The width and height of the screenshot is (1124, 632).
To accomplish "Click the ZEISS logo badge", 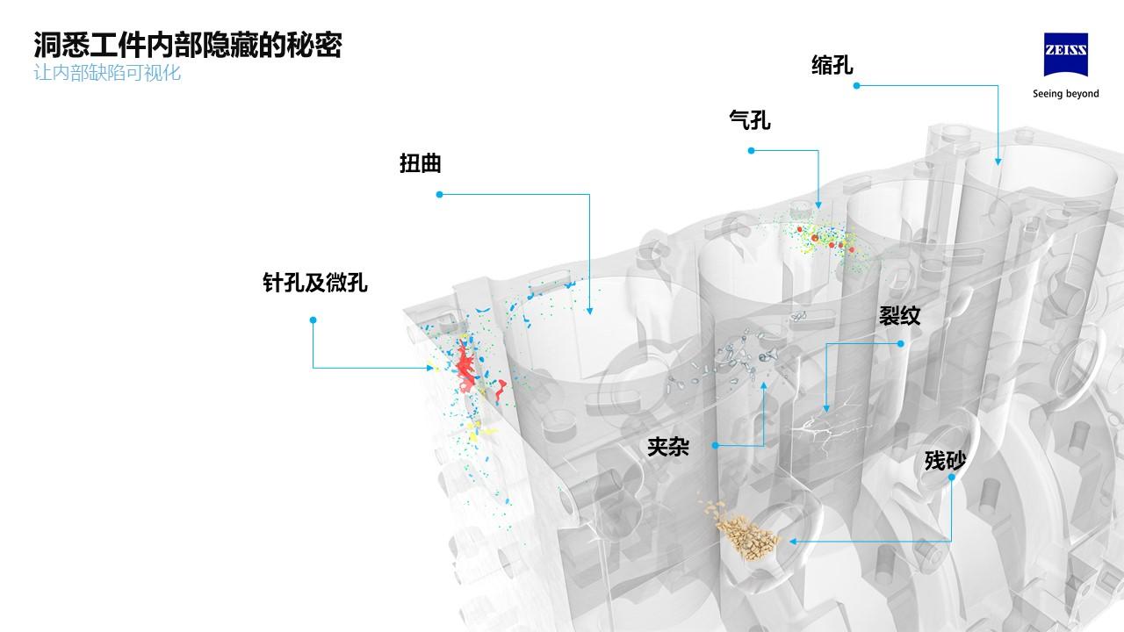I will point(1065,59).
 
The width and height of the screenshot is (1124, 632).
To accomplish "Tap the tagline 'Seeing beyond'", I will point(1065,94).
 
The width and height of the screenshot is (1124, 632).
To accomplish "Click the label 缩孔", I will point(832,65).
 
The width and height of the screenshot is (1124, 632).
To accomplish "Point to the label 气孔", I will point(750,119).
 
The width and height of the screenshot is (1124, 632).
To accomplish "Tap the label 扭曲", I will point(420,164).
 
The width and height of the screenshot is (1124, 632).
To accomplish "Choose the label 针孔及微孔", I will point(314,282).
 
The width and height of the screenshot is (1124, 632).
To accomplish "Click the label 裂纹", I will point(899,316).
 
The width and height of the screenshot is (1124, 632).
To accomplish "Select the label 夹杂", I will point(667,447).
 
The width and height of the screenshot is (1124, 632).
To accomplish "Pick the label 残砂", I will point(945,460).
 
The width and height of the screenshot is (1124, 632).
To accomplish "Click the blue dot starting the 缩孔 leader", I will point(856,85).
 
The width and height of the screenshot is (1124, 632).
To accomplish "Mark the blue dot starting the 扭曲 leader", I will point(439,194).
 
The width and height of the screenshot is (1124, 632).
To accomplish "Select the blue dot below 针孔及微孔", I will point(313,320).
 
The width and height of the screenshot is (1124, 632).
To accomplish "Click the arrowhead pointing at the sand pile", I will point(793,542).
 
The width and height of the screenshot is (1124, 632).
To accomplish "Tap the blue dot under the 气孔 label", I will point(751,151).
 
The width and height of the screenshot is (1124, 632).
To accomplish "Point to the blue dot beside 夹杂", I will point(716,445).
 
